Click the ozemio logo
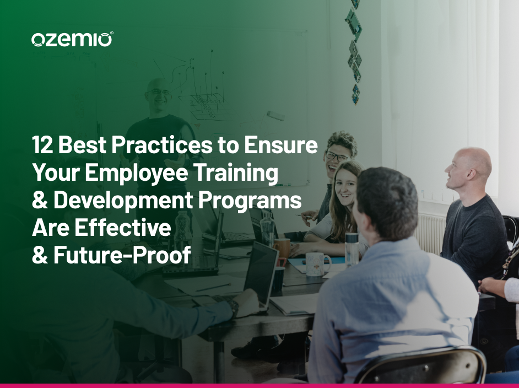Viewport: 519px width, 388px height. [72, 39]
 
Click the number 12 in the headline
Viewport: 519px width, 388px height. [42, 145]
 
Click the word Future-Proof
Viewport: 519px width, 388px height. [122, 255]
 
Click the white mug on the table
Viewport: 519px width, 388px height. [318, 263]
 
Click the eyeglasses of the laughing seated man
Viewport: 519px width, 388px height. [336, 155]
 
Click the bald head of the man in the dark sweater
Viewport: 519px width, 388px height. [469, 165]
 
